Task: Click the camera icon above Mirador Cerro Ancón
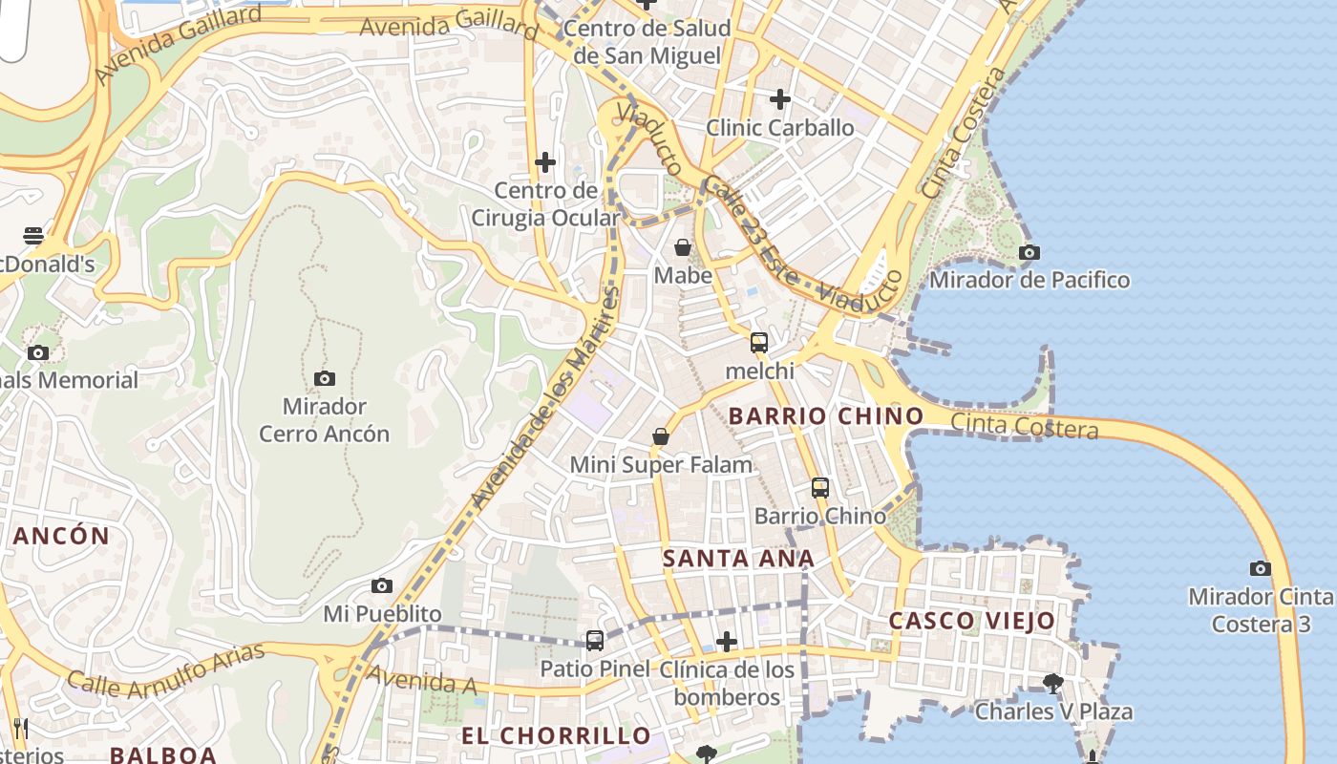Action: [x=325, y=378]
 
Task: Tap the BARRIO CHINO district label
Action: [x=826, y=416]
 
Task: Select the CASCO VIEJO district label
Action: [x=972, y=621]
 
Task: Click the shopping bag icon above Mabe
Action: [x=683, y=248]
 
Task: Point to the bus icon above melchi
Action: [x=759, y=343]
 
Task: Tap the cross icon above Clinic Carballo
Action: [x=780, y=99]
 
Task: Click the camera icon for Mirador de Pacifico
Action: [x=1029, y=253]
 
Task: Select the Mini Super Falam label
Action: [x=661, y=465]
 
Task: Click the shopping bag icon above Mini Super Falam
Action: [x=660, y=437]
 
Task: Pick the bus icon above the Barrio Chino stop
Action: [x=820, y=488]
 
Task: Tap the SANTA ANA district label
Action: [x=739, y=559]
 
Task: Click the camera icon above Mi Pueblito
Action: [x=382, y=585]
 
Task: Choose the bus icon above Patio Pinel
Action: [x=595, y=641]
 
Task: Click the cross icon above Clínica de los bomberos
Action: [x=727, y=642]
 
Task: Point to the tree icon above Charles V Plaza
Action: [x=1053, y=684]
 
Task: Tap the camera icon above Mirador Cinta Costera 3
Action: [x=1261, y=569]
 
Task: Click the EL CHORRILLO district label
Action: [x=557, y=736]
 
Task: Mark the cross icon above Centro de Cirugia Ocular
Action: [x=545, y=162]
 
